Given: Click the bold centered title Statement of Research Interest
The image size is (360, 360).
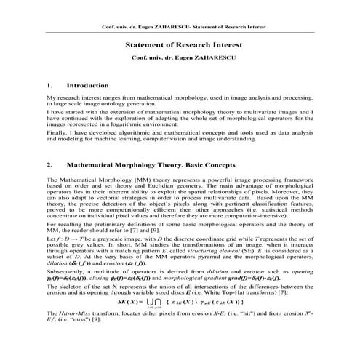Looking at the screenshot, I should pos(179,44).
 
